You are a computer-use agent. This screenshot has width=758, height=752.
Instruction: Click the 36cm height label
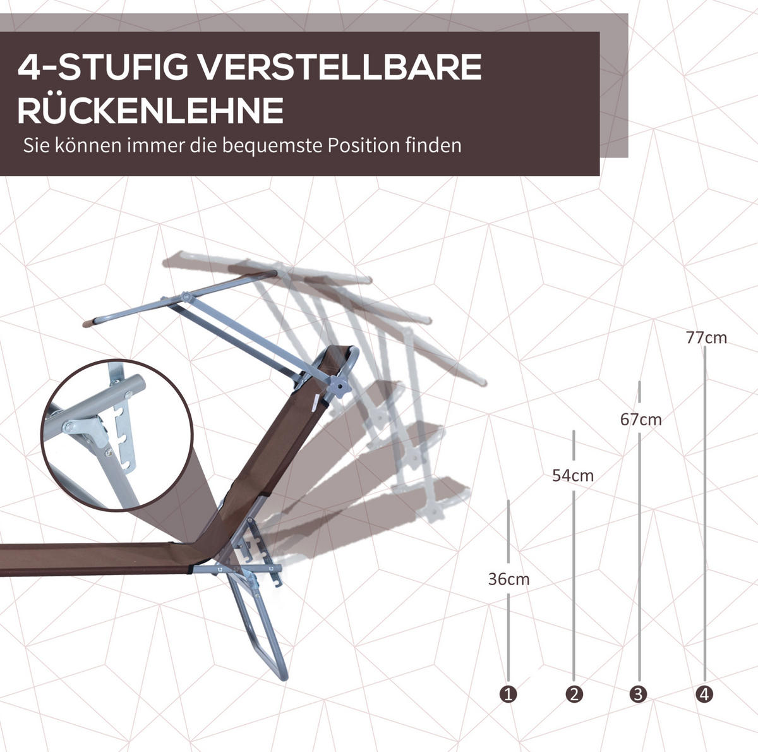tap(508, 579)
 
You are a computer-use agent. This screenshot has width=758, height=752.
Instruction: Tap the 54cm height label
tap(573, 476)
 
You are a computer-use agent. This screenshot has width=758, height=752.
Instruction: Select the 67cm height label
tap(641, 420)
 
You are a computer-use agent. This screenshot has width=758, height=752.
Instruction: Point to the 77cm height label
tap(706, 338)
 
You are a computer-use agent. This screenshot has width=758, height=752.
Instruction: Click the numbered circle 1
tap(508, 694)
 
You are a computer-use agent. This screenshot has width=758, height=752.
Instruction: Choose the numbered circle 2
tap(574, 694)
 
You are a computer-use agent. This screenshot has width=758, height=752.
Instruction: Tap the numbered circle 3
tap(639, 694)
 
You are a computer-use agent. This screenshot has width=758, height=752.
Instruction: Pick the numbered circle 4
tap(704, 694)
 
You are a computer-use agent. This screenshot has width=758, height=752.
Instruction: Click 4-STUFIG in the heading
tap(103, 67)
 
